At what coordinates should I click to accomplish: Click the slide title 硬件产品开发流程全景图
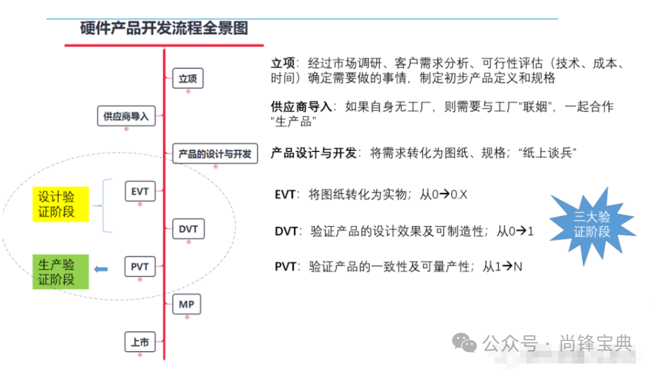tap(164, 28)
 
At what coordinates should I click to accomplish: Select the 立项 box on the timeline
tap(188, 79)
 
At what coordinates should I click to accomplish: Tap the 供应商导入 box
tap(126, 117)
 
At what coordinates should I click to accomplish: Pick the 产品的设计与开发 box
tap(216, 154)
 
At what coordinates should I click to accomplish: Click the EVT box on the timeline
tap(140, 191)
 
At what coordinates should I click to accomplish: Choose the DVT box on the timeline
tap(189, 229)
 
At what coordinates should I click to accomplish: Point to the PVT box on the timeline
tap(140, 266)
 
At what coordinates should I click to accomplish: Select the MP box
tap(187, 304)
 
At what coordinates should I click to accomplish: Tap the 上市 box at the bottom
tap(140, 342)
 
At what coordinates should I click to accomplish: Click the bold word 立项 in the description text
tap(283, 63)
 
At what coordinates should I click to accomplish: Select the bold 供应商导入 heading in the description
tap(301, 107)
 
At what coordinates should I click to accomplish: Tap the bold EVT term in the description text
tap(286, 193)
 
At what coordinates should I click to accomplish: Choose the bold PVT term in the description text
tap(286, 266)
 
